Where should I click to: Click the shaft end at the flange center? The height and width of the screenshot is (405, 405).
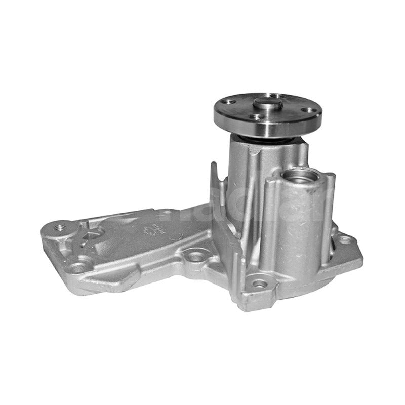point(268,104)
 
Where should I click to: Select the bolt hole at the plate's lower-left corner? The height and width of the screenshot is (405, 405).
point(77,267)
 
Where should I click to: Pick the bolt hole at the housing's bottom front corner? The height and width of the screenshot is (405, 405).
point(259,283)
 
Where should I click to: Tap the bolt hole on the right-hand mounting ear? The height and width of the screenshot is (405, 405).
point(345,239)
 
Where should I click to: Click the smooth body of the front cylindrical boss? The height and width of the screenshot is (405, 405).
point(299,223)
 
